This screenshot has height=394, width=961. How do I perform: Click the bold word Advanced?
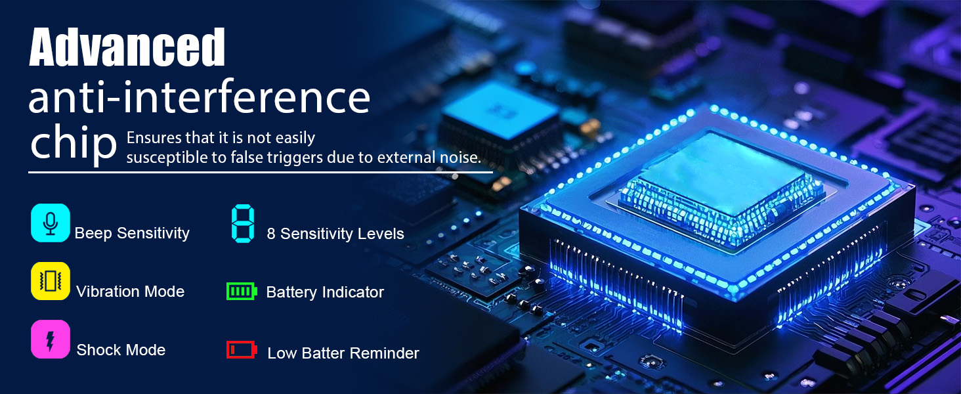[127, 47]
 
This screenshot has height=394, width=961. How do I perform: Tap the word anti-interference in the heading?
[200, 97]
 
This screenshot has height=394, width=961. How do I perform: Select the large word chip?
[74, 144]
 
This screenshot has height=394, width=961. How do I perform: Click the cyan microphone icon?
[50, 223]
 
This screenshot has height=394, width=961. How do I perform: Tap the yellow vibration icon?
[50, 281]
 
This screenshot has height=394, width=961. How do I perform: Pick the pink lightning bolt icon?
[50, 339]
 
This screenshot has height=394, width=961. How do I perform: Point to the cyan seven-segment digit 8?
[243, 224]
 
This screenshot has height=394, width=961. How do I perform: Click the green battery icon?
[242, 292]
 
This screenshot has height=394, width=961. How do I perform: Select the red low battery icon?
[242, 350]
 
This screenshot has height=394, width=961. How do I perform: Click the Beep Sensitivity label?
[132, 233]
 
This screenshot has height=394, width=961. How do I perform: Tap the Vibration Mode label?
[131, 292]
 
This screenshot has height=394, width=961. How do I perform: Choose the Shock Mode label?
[121, 350]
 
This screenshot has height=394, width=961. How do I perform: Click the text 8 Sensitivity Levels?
[335, 234]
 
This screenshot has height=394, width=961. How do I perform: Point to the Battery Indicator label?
[325, 292]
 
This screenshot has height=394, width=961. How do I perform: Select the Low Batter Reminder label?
[343, 353]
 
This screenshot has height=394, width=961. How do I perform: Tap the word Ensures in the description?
[154, 138]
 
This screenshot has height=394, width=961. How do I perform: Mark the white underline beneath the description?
[261, 173]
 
